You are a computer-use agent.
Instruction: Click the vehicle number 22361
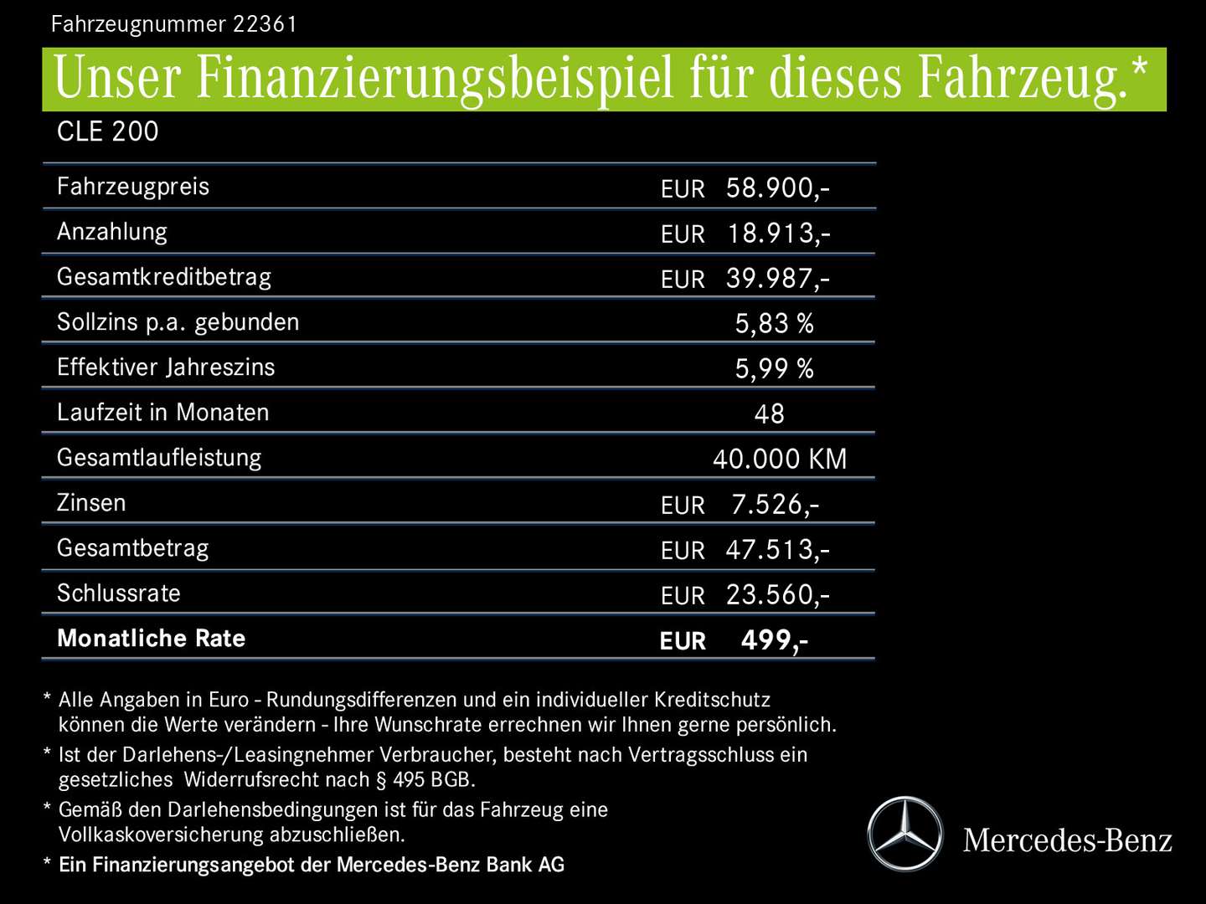(x=265, y=23)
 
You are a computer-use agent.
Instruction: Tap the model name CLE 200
(x=107, y=131)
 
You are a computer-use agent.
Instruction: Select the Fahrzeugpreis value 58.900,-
(x=777, y=187)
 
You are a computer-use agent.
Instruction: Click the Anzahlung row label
(x=112, y=232)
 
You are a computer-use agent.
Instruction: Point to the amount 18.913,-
(x=778, y=233)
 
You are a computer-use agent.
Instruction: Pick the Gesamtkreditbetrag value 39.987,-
(x=777, y=278)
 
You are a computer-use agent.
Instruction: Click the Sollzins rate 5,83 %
(x=774, y=323)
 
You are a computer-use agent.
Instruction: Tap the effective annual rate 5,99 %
(x=774, y=368)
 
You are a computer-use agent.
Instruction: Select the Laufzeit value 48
(x=769, y=413)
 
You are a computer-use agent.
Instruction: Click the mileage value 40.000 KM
(x=780, y=459)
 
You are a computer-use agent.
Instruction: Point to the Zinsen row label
(x=91, y=503)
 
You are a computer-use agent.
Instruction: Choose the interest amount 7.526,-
(x=775, y=504)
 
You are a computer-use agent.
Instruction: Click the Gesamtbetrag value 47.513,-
(x=777, y=549)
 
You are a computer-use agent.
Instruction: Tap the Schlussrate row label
(x=119, y=593)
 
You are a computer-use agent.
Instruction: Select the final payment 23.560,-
(x=777, y=594)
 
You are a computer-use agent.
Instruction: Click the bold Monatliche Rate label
(x=152, y=639)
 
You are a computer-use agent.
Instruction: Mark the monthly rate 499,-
(x=775, y=639)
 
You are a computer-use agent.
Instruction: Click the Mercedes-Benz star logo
(x=904, y=835)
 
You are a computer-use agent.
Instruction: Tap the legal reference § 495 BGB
(x=425, y=780)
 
